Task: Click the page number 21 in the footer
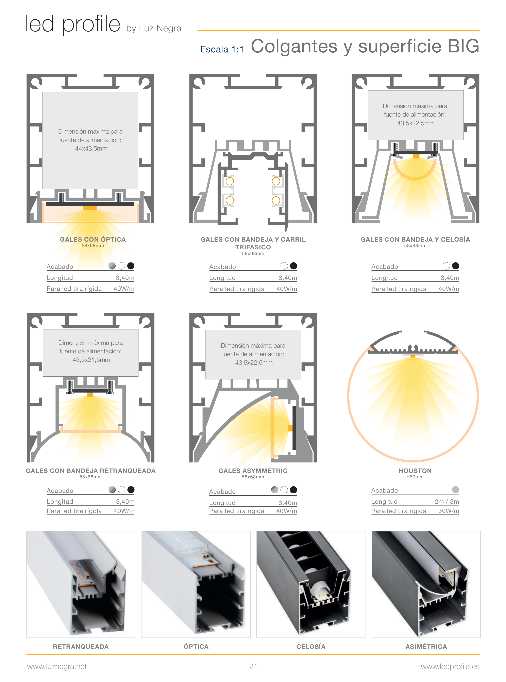(x=253, y=666)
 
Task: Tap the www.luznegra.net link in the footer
(x=57, y=667)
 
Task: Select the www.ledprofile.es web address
(x=450, y=667)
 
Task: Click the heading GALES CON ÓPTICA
(x=93, y=239)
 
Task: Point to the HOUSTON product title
(x=415, y=471)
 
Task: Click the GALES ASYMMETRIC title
(x=253, y=471)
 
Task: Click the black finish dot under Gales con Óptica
(x=131, y=266)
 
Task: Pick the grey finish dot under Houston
(x=455, y=490)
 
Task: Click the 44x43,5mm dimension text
(x=91, y=149)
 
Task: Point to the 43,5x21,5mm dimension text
(x=91, y=360)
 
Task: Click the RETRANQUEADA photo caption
(x=81, y=646)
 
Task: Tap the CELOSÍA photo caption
(x=311, y=646)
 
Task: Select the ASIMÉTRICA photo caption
(x=426, y=646)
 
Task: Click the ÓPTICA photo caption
(x=196, y=646)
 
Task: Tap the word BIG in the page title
(x=463, y=46)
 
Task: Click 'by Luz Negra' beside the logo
(x=154, y=29)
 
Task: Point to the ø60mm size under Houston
(x=415, y=477)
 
